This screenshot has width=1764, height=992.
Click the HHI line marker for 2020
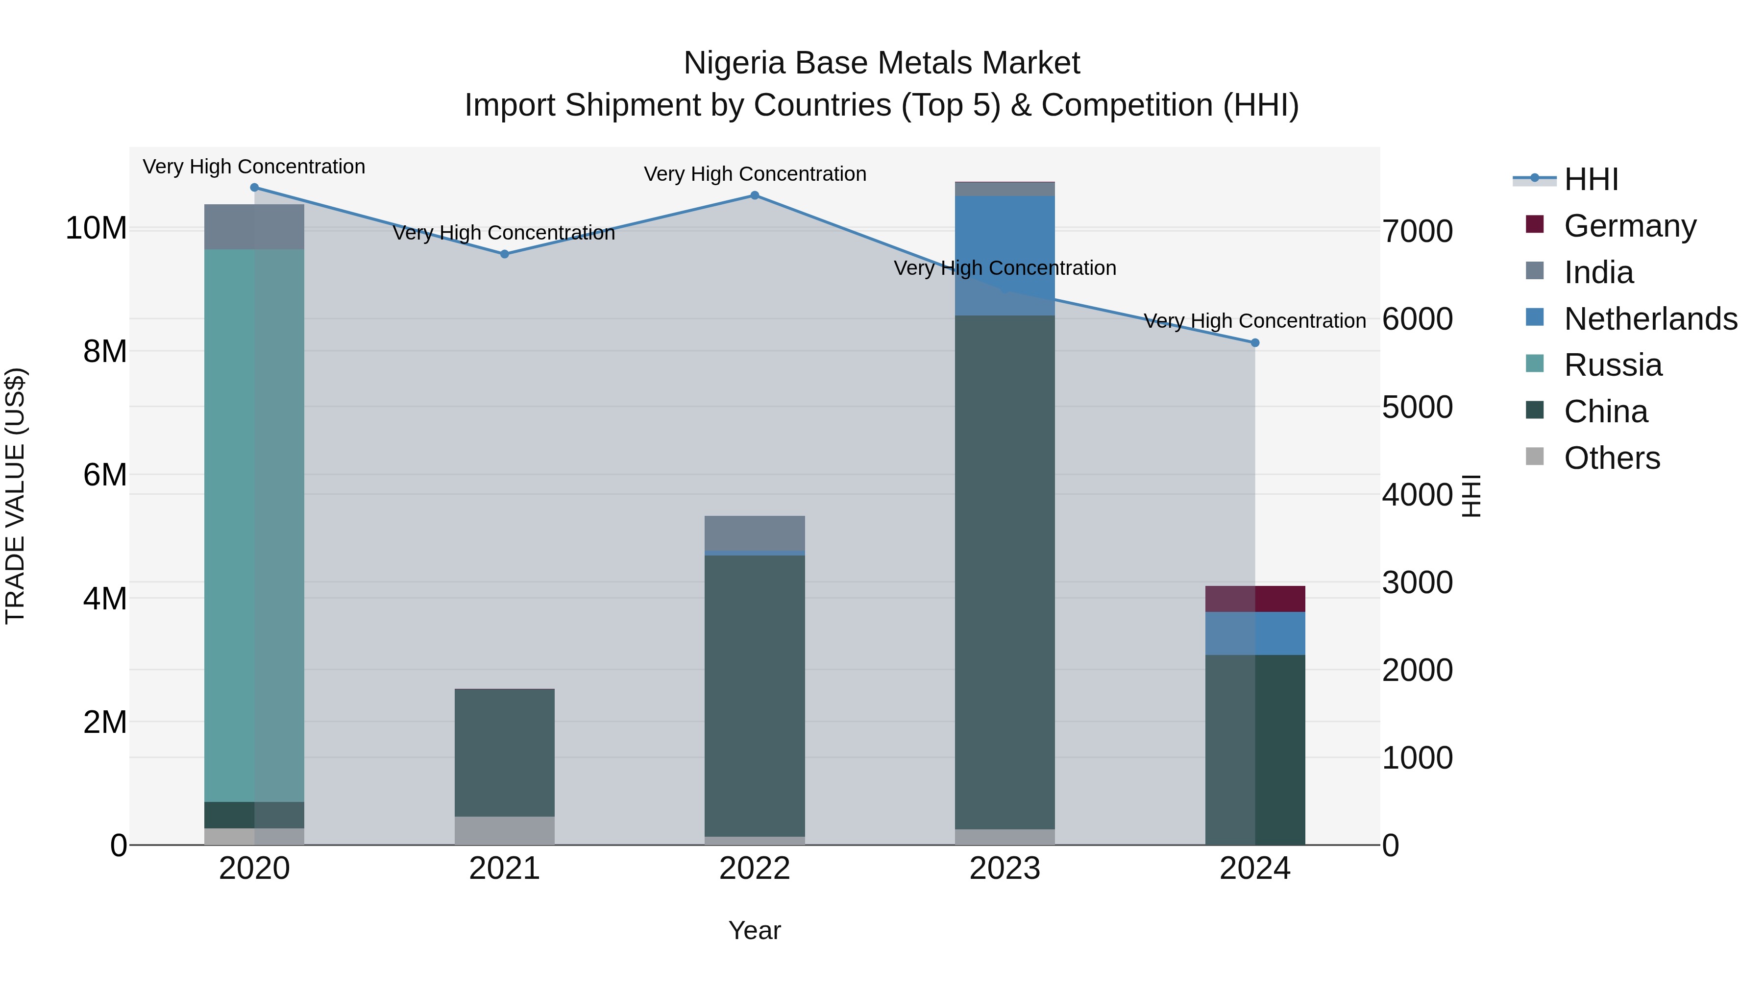(254, 188)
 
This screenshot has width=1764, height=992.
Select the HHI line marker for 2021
(505, 254)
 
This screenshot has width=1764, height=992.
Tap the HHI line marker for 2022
(755, 195)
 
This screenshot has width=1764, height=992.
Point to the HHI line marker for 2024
(1255, 343)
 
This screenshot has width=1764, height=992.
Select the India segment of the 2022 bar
(755, 532)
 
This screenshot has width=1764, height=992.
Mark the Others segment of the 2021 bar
(505, 830)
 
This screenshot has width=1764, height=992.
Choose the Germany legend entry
(1630, 226)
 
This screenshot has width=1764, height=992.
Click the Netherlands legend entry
(1650, 319)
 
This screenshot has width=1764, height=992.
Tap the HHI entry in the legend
(1591, 179)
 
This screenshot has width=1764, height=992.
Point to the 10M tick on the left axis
(96, 228)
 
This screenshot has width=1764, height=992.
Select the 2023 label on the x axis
(1004, 869)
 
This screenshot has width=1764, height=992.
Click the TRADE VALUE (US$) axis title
(15, 496)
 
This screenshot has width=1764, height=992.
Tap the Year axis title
(755, 930)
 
